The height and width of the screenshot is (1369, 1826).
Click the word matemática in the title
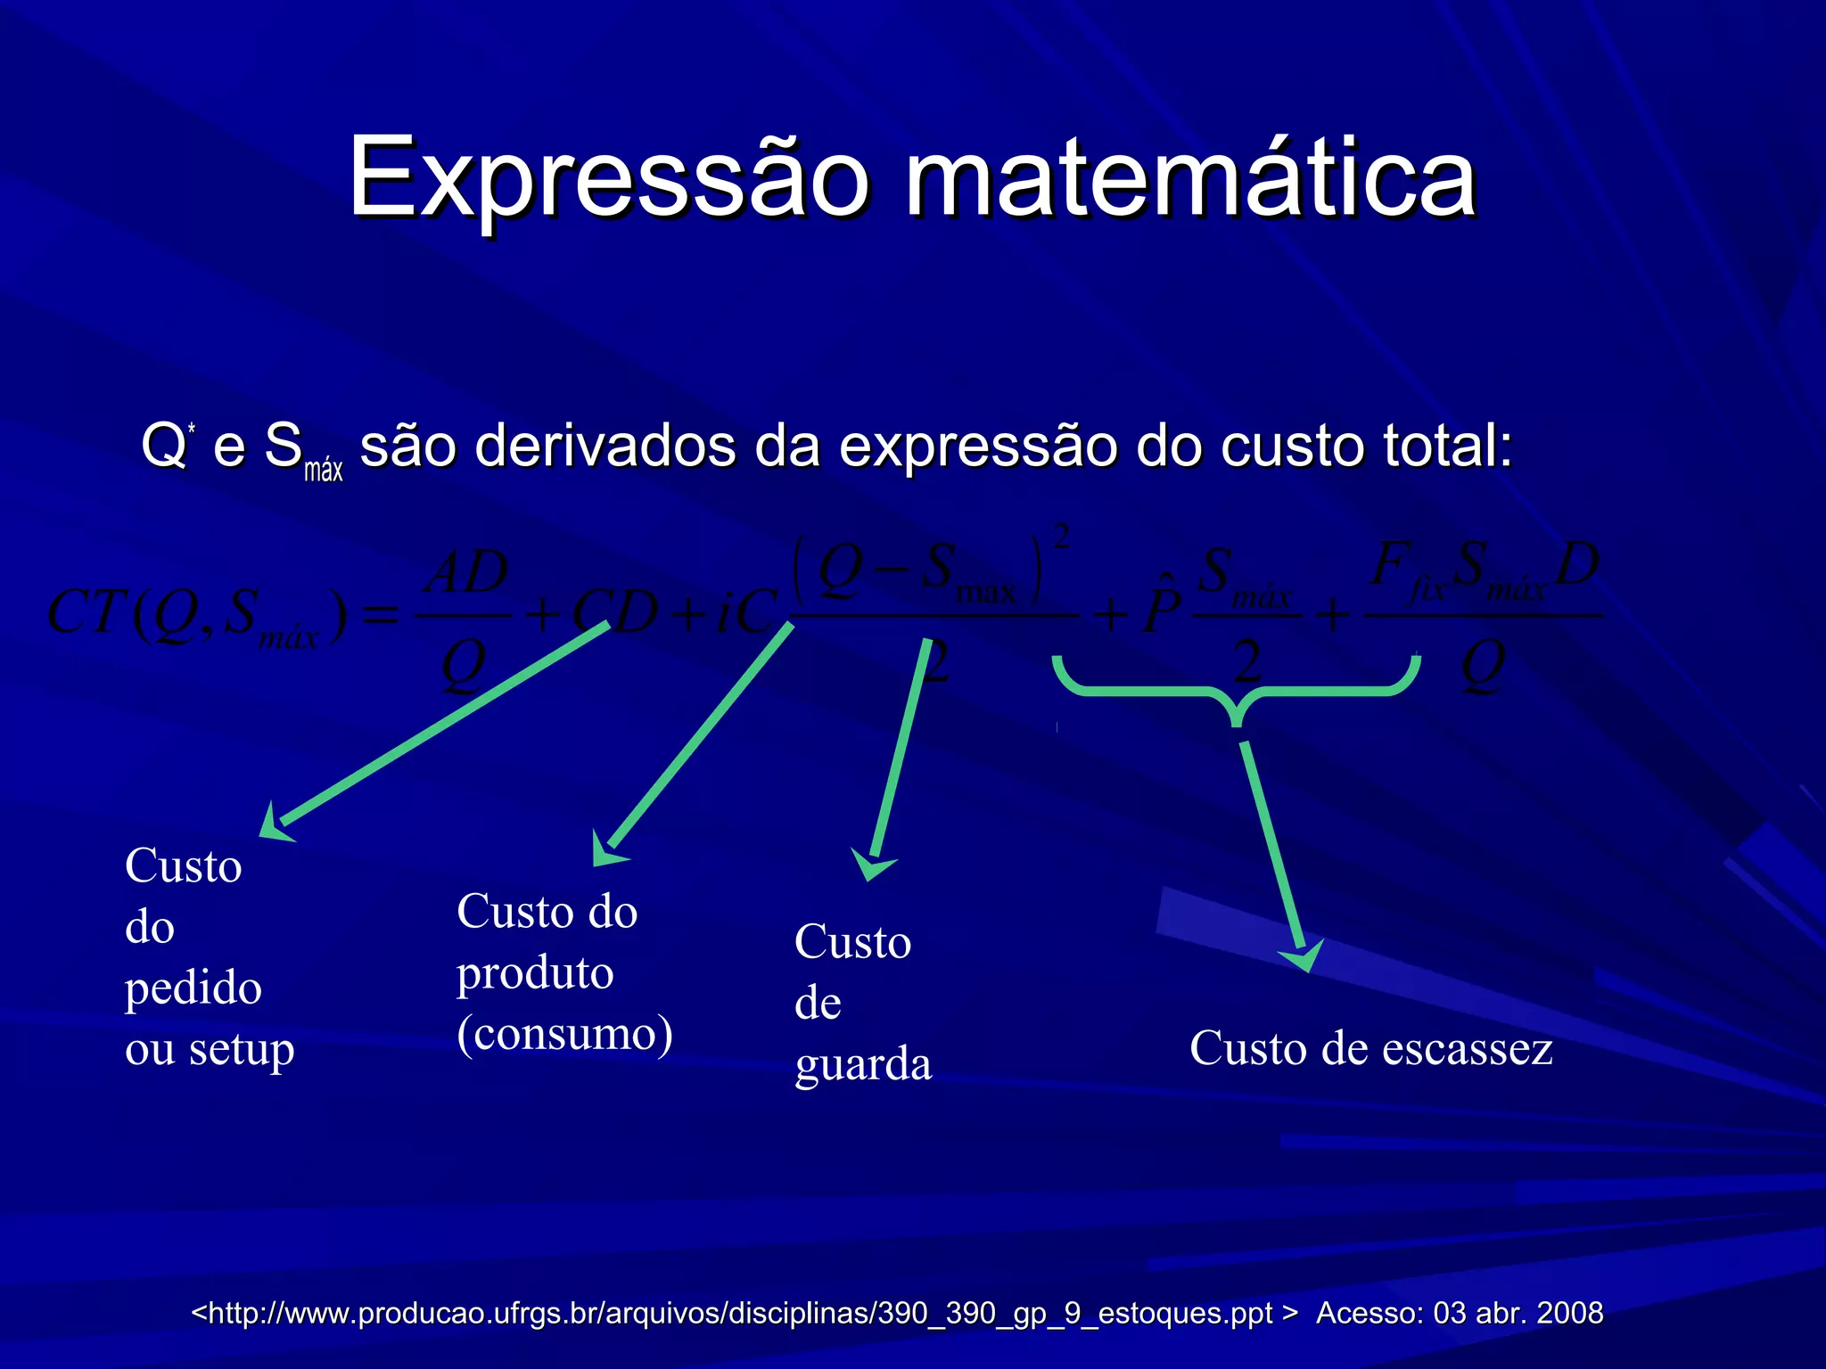point(1190,178)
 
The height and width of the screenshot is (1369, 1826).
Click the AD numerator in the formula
point(466,572)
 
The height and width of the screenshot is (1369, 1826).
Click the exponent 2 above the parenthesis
point(1061,537)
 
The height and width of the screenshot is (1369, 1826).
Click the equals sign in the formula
point(382,615)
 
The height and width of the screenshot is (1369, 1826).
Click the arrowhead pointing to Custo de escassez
point(1303,957)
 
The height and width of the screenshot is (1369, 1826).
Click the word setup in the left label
point(241,1050)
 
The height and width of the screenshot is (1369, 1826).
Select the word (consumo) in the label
point(564,1034)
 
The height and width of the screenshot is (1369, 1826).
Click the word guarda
point(863,1064)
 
